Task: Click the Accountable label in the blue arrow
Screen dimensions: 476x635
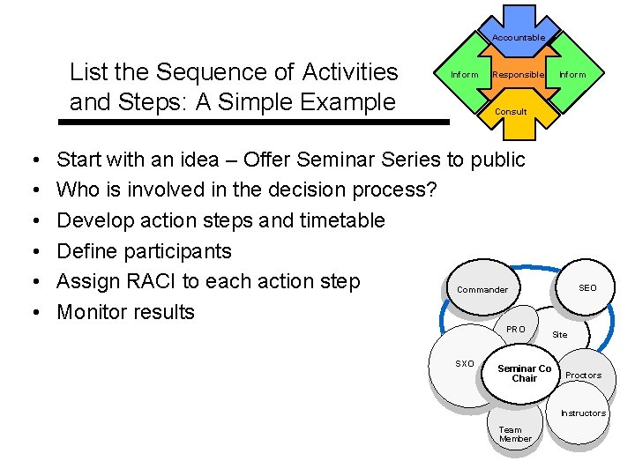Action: click(518, 37)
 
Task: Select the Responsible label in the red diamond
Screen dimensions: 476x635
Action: click(518, 75)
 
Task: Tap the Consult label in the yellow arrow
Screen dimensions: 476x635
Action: click(511, 112)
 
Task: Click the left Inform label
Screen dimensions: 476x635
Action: click(465, 75)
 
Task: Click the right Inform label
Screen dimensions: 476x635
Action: click(572, 75)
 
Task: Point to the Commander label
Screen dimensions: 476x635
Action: click(482, 290)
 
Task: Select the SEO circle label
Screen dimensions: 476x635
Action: click(587, 288)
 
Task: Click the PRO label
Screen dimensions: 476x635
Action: click(516, 330)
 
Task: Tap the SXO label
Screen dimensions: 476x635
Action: click(464, 364)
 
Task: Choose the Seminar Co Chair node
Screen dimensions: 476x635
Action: click(524, 374)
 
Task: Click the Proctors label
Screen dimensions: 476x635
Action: click(583, 376)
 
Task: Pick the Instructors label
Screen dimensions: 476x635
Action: click(583, 413)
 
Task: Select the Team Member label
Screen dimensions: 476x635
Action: click(515, 435)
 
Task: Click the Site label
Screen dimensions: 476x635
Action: click(560, 335)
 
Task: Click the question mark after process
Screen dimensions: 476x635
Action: click(431, 190)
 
